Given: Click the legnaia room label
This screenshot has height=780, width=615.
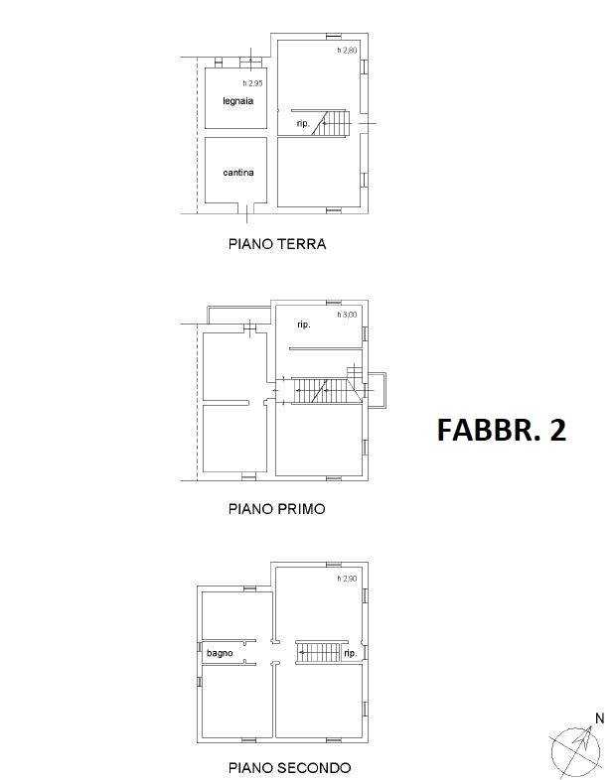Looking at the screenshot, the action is tap(238, 101).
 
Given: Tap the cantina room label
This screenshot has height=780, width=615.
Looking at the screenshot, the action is tap(238, 173).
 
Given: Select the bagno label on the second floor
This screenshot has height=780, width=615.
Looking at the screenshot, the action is tap(220, 653).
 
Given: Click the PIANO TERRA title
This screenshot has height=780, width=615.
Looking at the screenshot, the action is tap(277, 244).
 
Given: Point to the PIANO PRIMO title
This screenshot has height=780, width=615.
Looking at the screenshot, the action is tap(277, 509).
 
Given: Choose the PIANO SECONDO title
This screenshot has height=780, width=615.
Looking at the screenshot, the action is tap(289, 767).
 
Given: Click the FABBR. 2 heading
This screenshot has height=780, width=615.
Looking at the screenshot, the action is tap(502, 430).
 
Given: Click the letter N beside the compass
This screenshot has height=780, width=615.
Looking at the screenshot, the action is tap(599, 718).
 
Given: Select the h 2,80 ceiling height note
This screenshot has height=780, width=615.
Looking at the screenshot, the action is tap(347, 51).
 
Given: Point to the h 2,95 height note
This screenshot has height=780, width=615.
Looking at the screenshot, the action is tap(252, 83).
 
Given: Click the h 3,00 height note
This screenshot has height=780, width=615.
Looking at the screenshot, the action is tap(347, 315).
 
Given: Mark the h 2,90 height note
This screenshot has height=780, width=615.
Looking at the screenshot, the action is tap(347, 579).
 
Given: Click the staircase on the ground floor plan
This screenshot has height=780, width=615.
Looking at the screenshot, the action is tap(332, 123).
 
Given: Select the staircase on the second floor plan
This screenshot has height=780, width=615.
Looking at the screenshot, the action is tap(319, 653).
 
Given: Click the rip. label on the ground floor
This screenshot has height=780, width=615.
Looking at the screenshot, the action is tap(303, 123).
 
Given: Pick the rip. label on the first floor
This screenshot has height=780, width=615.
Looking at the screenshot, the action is tap(304, 325).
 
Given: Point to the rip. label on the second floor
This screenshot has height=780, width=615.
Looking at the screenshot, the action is tap(351, 653).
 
